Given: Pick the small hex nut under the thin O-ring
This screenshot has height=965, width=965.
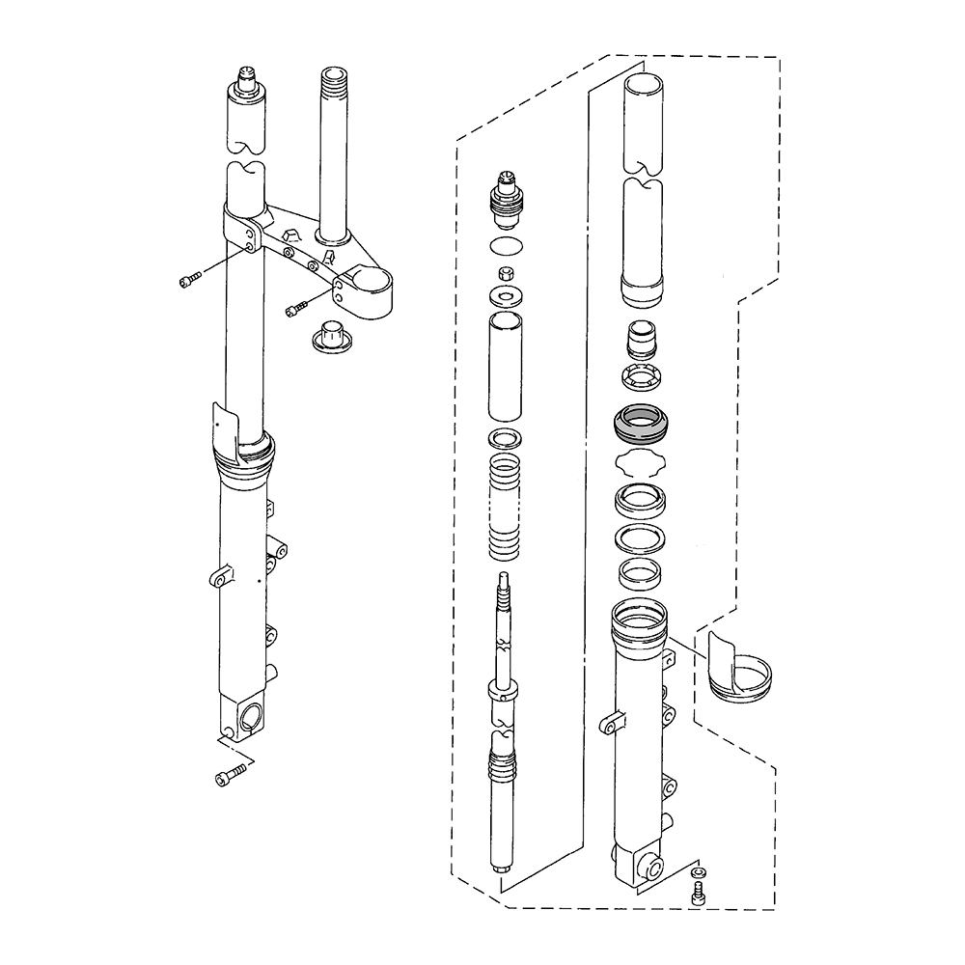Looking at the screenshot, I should [x=505, y=271].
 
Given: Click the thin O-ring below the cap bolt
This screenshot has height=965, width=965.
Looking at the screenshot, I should [x=507, y=244].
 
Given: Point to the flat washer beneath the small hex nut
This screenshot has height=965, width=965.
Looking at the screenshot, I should [x=507, y=292].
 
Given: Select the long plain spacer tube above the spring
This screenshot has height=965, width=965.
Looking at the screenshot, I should [x=508, y=365].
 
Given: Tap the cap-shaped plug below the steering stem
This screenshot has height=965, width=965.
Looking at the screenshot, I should [x=330, y=336].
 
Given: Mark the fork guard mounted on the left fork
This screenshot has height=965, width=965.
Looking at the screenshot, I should [x=224, y=429].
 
